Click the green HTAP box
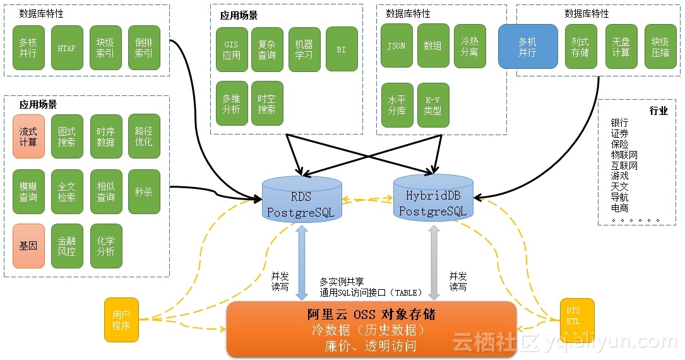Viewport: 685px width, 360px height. click(66, 48)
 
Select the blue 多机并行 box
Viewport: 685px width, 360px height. click(528, 47)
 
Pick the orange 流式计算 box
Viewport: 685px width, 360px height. click(28, 136)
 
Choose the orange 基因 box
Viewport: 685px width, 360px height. click(28, 246)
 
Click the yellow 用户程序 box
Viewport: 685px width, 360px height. click(121, 320)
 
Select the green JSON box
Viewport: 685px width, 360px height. click(396, 46)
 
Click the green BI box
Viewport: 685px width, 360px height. click(342, 49)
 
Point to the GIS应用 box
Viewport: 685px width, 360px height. click(232, 49)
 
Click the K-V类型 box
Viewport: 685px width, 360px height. click(432, 105)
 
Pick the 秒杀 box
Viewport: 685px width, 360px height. click(144, 191)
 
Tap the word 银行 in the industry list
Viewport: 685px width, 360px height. click(619, 123)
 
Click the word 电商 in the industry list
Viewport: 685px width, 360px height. click(619, 208)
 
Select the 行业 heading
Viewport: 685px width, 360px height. click(658, 111)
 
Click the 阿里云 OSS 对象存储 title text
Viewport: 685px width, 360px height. click(371, 315)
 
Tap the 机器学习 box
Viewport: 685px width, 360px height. click(304, 49)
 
